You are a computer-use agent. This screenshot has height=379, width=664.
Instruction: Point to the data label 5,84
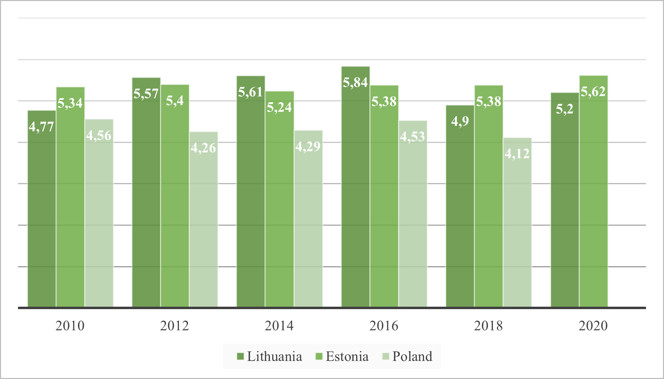click(x=355, y=83)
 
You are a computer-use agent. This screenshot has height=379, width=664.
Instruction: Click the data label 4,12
click(x=517, y=154)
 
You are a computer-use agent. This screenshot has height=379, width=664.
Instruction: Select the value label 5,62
click(x=593, y=92)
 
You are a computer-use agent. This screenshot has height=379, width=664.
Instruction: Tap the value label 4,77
click(x=42, y=127)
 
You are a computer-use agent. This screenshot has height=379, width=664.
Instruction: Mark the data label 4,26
click(x=203, y=148)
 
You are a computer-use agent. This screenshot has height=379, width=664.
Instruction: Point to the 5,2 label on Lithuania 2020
click(x=565, y=109)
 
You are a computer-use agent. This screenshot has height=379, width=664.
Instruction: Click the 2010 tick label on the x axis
click(x=70, y=326)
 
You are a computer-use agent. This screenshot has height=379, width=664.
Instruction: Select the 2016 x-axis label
click(x=384, y=326)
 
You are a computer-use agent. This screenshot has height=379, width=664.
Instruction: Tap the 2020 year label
click(x=593, y=326)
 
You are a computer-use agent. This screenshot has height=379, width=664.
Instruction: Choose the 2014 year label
click(x=279, y=326)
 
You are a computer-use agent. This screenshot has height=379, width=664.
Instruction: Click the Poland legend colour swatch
click(x=385, y=357)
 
